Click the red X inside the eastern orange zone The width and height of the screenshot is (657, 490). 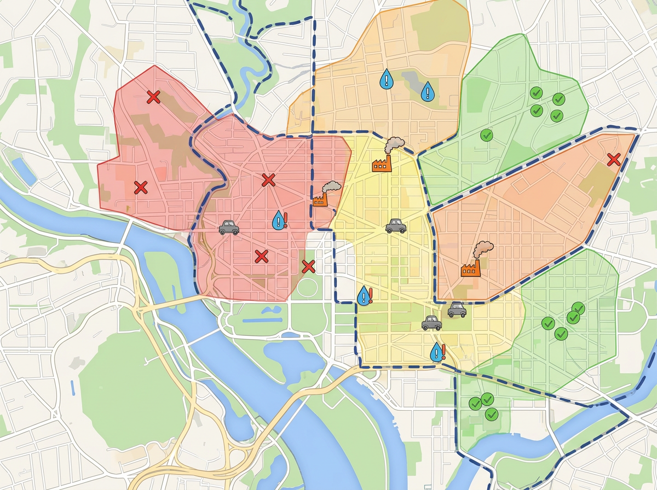pos(614,160)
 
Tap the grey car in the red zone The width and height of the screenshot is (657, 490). pos(229,227)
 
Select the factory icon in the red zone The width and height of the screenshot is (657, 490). pos(320,200)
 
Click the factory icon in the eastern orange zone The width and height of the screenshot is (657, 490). pos(470,269)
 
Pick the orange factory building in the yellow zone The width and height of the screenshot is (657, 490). pos(382,164)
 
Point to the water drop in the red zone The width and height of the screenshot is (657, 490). pos(279,220)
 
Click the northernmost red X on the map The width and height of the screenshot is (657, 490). pos(153,97)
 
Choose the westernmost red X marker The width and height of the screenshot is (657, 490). pos(141,188)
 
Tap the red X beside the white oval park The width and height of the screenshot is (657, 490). pos(308,266)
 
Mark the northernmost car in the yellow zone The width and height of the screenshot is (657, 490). pos(396,226)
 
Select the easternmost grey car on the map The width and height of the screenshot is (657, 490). pos(457,311)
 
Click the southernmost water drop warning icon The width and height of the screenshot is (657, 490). pos(436,352)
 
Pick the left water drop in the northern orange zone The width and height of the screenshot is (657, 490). pos(387,80)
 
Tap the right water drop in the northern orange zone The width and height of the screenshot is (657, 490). pos(427,91)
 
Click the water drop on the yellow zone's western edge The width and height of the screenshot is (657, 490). pos(363,296)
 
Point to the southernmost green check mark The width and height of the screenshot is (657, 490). pos(491,414)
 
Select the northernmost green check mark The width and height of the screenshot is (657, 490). pos(536,92)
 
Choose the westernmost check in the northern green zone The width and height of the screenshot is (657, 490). pos(486,134)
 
